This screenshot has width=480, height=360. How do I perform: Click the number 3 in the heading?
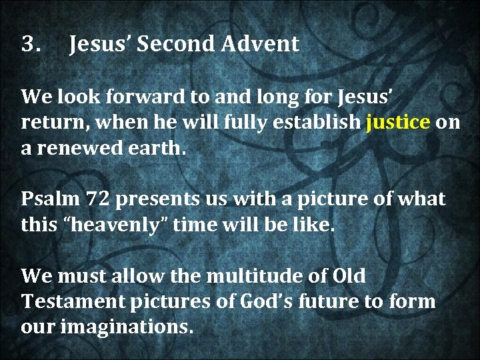point(29,45)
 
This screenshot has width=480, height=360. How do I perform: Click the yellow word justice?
point(398,123)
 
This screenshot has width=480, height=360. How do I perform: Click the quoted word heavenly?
point(126,225)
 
